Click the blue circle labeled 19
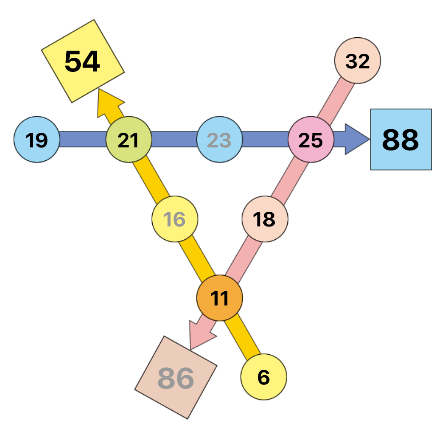pos(37,139)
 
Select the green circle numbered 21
pos(129,139)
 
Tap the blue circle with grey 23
pos(220,139)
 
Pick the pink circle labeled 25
pos(311,139)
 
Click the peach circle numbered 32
pos(357,60)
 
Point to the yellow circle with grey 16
pos(174,219)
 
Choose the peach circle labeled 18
pos(265,219)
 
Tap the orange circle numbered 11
pos(220,298)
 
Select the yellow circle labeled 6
pos(264,377)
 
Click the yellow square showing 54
pos(83,61)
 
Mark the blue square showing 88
pos(401,139)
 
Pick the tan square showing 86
pos(176,378)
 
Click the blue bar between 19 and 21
pos(83,139)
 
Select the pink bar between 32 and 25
pos(336,100)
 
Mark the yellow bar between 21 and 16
pos(151,179)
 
